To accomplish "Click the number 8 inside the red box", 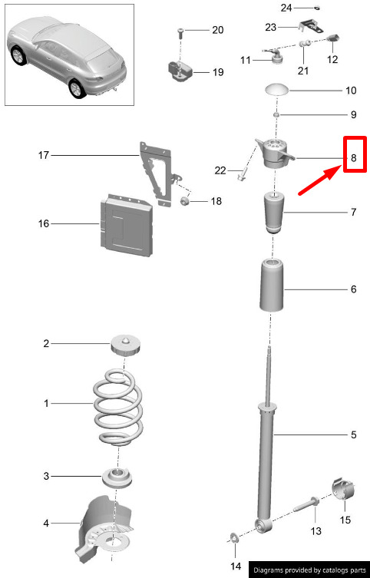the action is click(x=354, y=158).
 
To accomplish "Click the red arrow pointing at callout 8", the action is click(x=320, y=180).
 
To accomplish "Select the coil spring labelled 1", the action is click(x=118, y=407).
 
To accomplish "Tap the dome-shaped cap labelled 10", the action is click(x=277, y=90).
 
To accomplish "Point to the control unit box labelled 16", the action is click(x=126, y=226).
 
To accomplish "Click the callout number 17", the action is click(x=44, y=155).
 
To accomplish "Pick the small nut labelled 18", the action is click(x=185, y=201).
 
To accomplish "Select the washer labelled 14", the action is click(x=234, y=538).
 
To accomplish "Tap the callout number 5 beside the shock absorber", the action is click(x=354, y=434).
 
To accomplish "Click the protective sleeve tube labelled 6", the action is click(x=272, y=286).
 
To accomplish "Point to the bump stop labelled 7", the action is click(x=274, y=213).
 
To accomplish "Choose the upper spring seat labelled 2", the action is click(x=126, y=345).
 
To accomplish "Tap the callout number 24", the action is click(x=286, y=8).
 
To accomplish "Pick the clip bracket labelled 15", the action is click(x=343, y=489).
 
